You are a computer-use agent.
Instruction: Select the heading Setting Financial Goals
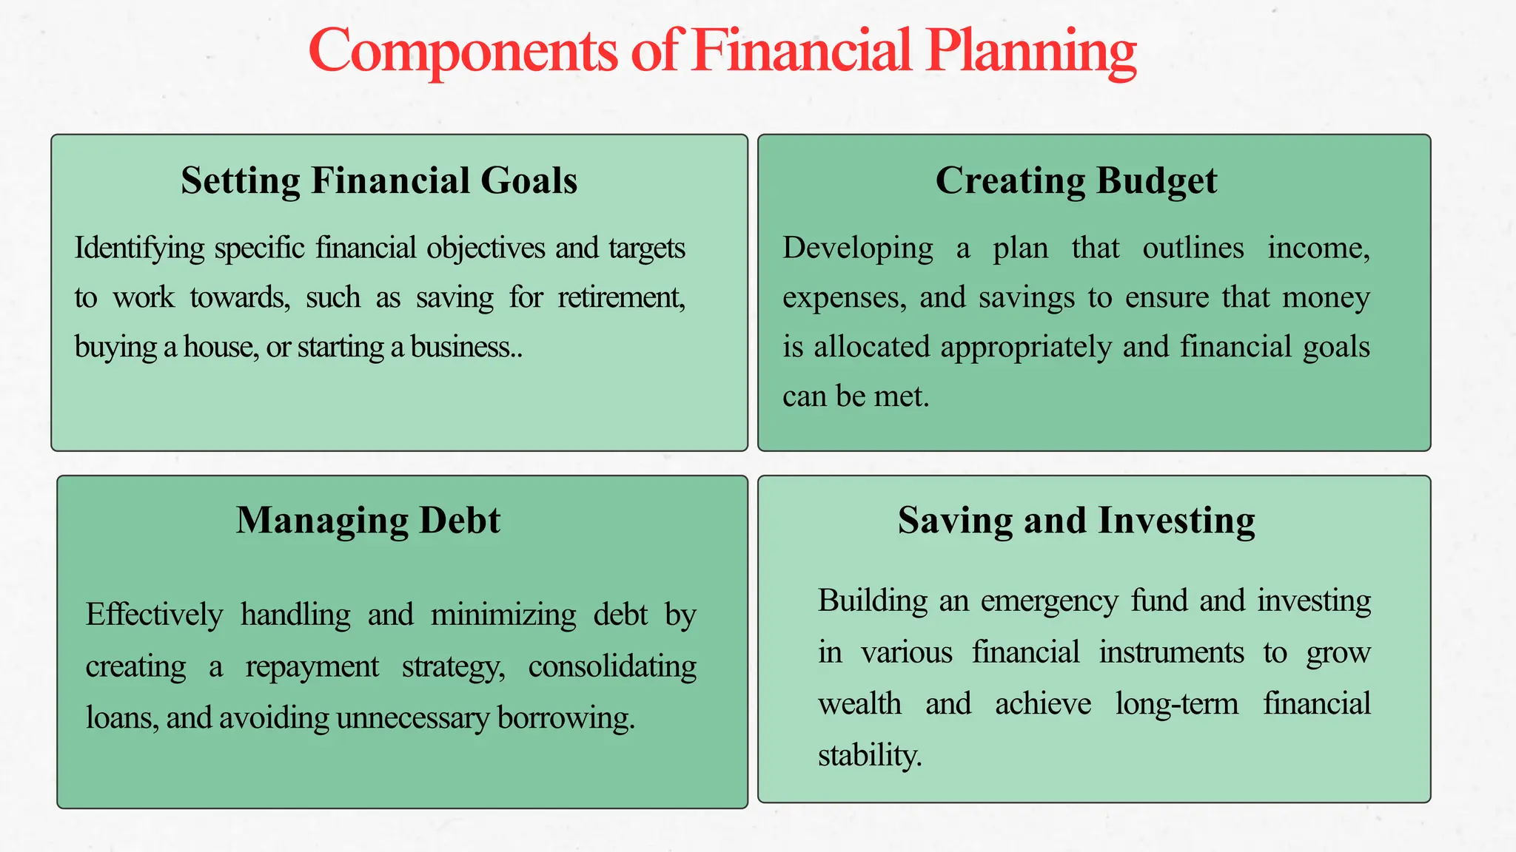click(379, 180)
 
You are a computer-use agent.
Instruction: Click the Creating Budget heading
click(1076, 180)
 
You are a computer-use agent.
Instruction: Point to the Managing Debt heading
click(368, 520)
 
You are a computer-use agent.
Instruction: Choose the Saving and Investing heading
click(1076, 520)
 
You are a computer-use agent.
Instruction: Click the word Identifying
click(139, 248)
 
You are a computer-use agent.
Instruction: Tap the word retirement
click(621, 297)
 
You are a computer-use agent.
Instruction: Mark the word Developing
click(857, 248)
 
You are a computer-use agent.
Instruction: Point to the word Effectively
click(154, 615)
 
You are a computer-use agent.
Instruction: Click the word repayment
click(312, 666)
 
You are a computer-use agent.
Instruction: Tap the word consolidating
click(612, 666)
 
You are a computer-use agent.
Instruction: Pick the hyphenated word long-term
click(1176, 703)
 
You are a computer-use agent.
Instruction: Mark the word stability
click(869, 755)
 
